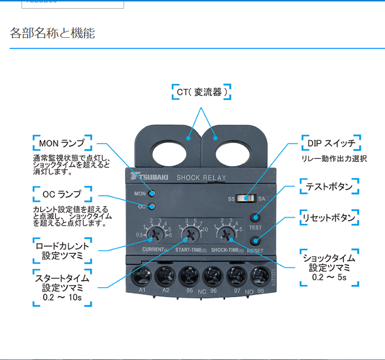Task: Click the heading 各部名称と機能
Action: pos(53,33)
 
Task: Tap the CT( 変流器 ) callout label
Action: pos(202,92)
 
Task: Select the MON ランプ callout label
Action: pos(62,143)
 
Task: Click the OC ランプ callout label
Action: pos(62,194)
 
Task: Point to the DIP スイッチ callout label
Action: pos(331,143)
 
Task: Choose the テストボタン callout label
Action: pos(329,187)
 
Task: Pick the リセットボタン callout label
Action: pos(329,218)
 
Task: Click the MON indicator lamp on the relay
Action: pos(152,193)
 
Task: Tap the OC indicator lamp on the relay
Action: pos(152,206)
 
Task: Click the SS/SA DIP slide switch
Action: pos(249,198)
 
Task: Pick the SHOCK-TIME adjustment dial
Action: pos(224,234)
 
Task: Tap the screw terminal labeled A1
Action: pos(142,276)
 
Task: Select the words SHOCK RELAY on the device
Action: pos(201,178)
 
